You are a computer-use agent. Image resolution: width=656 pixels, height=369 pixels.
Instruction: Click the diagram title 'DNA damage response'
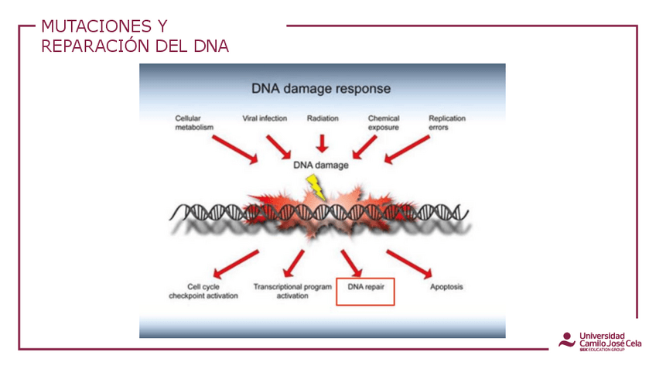(x=321, y=89)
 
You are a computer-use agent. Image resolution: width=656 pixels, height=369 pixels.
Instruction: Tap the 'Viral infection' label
(x=265, y=118)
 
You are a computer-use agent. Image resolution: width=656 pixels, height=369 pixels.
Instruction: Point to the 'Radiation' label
(x=323, y=118)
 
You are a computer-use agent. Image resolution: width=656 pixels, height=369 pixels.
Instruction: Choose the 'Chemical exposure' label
(x=384, y=123)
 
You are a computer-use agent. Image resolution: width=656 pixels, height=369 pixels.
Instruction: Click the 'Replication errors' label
(x=447, y=123)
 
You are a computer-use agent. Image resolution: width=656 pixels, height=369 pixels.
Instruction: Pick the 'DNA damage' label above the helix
(x=321, y=165)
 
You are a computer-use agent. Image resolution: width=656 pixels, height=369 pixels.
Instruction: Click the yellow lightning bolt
(x=315, y=186)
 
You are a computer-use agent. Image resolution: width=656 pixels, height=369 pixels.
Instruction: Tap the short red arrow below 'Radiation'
(x=323, y=142)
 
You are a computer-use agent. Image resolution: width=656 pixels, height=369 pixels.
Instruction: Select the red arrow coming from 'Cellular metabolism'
(x=235, y=149)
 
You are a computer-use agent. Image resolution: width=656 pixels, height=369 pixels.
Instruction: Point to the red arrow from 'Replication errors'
(x=407, y=149)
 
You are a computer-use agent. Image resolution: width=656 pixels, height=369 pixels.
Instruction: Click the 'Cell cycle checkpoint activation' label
(x=203, y=291)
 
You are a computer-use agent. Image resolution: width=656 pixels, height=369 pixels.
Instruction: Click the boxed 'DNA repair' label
(x=365, y=287)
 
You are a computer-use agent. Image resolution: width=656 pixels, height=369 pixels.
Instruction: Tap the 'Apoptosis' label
(x=446, y=287)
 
